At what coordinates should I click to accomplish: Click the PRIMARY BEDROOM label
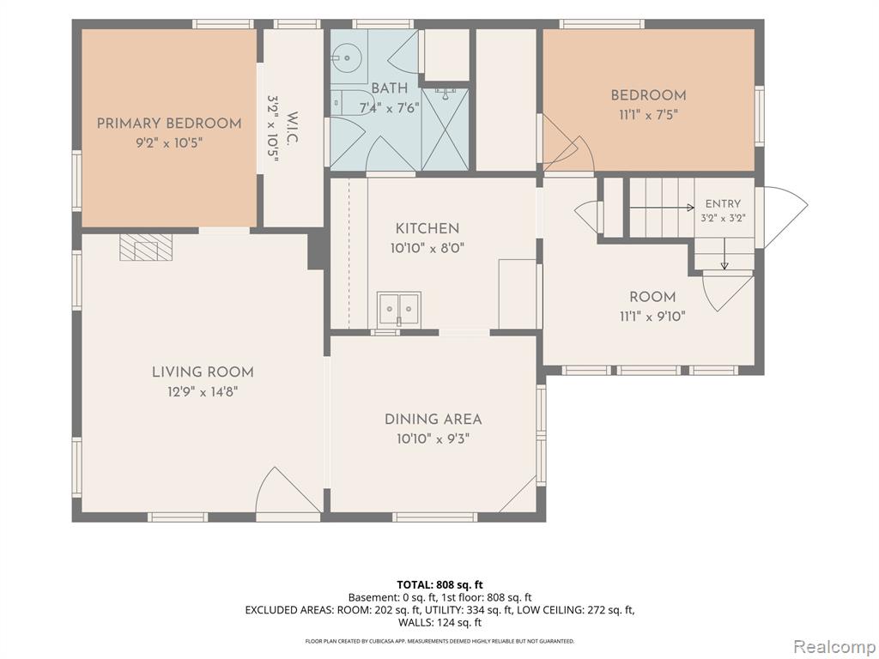(169, 124)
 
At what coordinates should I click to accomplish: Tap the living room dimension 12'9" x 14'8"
(203, 391)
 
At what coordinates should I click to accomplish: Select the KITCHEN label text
(427, 228)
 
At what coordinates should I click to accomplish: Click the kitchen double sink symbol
(398, 308)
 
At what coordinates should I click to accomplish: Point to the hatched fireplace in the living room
(146, 247)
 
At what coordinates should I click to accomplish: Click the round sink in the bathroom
(347, 57)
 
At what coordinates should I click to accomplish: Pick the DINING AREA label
(433, 419)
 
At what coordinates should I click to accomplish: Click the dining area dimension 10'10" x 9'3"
(433, 438)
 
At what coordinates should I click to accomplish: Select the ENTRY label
(723, 204)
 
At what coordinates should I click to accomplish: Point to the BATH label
(390, 88)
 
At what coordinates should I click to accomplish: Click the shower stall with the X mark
(445, 129)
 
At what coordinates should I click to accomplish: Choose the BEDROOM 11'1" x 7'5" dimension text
(649, 115)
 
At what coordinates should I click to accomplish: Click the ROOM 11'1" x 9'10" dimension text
(652, 317)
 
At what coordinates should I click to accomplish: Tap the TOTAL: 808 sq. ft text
(440, 585)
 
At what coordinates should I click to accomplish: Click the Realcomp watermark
(834, 647)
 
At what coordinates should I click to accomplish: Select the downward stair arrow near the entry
(724, 254)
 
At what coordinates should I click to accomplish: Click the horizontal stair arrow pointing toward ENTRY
(662, 208)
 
